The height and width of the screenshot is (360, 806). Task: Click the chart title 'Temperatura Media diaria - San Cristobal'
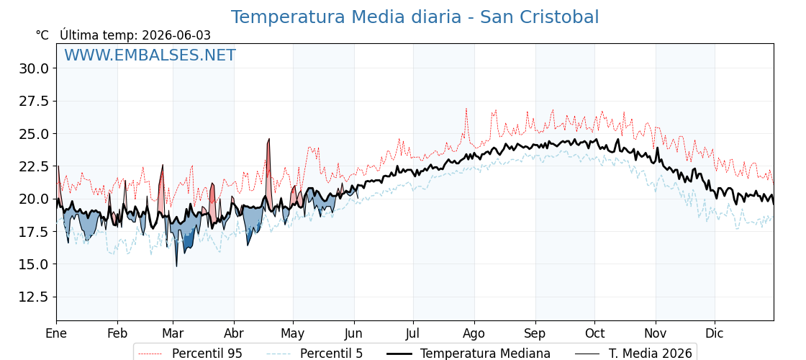pos(415,17)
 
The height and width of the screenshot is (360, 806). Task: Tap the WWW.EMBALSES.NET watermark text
pos(150,55)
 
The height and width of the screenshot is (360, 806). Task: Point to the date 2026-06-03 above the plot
pos(176,35)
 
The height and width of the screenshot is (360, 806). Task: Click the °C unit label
pos(42,35)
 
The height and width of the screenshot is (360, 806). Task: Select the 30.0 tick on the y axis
pos(34,68)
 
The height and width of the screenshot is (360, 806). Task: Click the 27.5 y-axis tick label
pos(34,102)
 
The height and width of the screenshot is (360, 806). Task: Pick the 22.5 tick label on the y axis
pos(34,166)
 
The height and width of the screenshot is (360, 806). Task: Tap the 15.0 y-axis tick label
pos(34,264)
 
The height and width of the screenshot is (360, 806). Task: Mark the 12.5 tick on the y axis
pos(34,297)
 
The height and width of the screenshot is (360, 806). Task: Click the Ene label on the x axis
pos(57,333)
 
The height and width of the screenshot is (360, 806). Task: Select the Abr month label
pos(234,333)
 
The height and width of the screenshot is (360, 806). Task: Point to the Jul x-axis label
pos(413,333)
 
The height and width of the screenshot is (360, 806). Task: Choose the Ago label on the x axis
pos(474,334)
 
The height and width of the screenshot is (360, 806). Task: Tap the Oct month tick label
pos(594,333)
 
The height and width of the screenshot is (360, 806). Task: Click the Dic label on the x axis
pos(715,333)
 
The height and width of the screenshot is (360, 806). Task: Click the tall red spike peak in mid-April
pos(269,139)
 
